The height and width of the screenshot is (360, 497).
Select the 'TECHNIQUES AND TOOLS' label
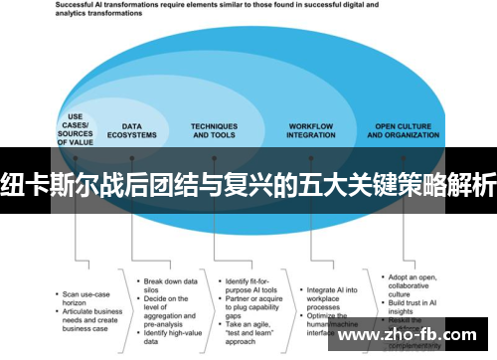[215, 131]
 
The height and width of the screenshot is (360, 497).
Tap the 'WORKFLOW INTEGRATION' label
[311, 131]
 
